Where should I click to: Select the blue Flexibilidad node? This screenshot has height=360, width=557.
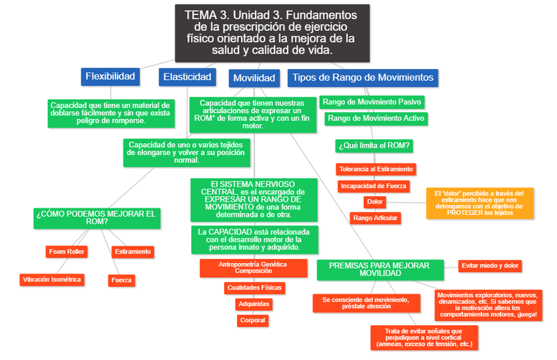pos(110,77)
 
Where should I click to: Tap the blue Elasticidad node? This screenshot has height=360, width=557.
pos(187,78)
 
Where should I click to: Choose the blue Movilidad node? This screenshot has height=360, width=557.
pos(254,78)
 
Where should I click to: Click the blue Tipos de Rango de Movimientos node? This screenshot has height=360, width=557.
pos(363,78)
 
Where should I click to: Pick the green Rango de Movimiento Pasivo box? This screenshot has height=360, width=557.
pos(372,102)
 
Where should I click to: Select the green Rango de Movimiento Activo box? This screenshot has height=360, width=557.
pos(376,119)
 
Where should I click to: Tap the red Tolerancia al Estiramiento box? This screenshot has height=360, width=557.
pos(376,169)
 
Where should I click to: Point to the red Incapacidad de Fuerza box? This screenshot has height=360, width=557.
pos(374,186)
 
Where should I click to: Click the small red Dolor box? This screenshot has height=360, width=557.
pos(375,202)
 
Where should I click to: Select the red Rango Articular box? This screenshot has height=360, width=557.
pos(375,217)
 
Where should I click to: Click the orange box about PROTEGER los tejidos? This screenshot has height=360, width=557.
pos(479,202)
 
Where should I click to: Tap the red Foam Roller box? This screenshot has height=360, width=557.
pos(67,252)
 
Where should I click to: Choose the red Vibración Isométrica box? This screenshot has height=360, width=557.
pos(53,279)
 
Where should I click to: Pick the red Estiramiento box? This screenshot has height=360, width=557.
pos(133,252)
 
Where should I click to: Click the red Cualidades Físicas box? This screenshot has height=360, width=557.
pos(254,288)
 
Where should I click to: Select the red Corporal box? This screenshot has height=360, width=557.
pos(253,321)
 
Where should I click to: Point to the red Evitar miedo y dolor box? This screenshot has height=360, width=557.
pos(490,265)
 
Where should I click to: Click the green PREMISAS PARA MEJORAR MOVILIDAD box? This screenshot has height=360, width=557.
pos(380,269)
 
